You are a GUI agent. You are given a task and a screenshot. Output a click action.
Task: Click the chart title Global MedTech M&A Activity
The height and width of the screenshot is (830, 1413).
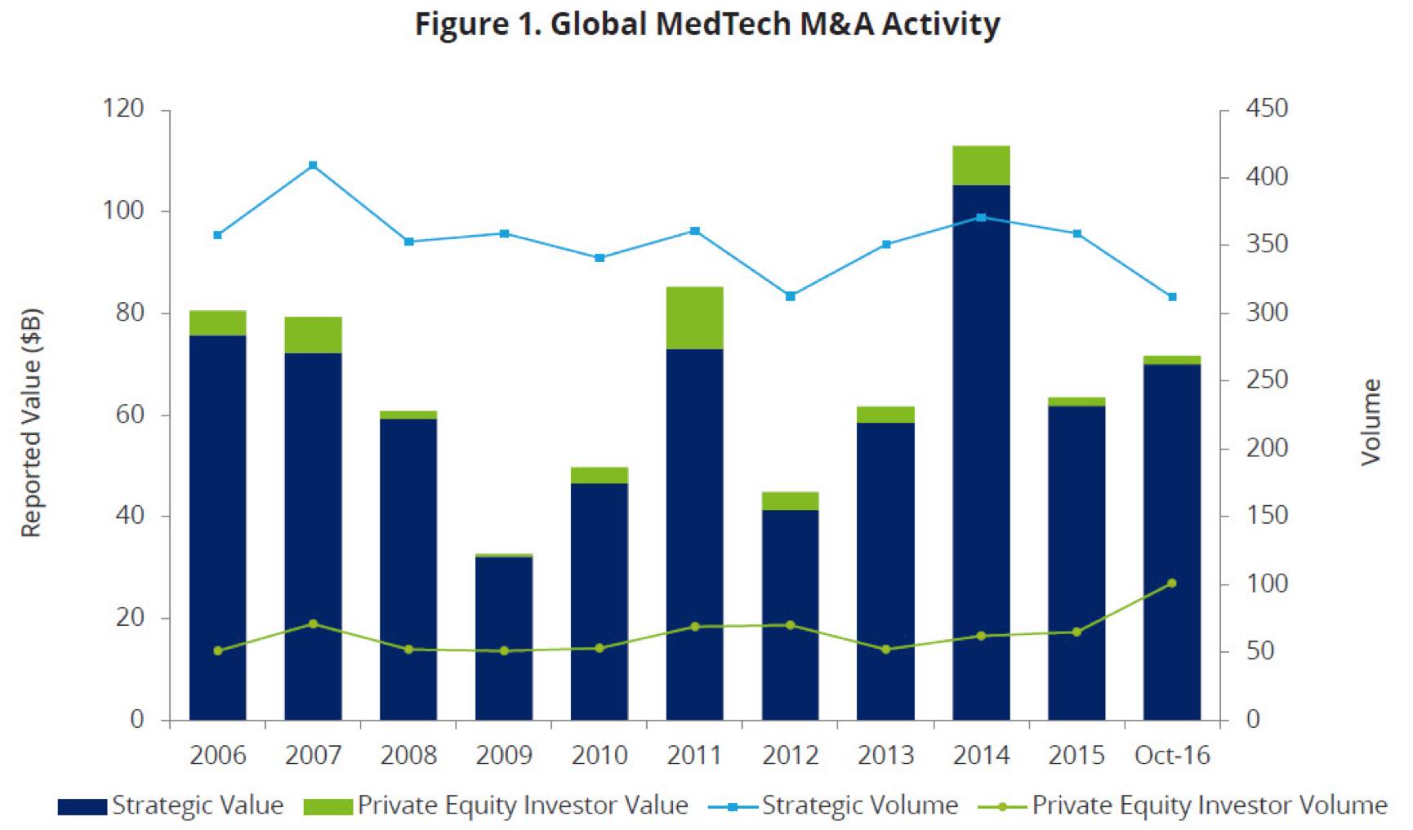click(706, 24)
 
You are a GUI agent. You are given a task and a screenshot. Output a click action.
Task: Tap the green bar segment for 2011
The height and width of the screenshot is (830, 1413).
click(695, 317)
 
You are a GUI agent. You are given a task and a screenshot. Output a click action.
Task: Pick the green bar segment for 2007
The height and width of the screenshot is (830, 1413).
click(313, 335)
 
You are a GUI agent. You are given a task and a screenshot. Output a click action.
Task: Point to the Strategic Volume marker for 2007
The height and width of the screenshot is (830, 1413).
click(313, 166)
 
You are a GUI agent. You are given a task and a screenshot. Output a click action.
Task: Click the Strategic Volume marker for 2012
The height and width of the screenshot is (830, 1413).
click(791, 296)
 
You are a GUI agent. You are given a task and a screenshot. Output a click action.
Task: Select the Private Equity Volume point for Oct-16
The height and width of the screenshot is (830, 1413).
click(1172, 583)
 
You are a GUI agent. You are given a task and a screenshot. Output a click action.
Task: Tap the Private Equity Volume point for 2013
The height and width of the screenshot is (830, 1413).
click(886, 650)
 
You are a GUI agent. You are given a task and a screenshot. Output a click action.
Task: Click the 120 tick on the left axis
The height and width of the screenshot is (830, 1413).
click(124, 109)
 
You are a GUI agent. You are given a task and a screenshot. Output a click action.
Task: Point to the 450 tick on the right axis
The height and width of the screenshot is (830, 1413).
click(1267, 109)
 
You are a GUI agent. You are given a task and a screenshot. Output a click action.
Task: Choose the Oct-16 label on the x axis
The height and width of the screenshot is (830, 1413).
click(1172, 755)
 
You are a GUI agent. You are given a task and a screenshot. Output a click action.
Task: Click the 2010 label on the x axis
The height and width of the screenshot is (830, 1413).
click(600, 755)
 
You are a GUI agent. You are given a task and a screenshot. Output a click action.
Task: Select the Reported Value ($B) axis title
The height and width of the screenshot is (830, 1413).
click(31, 423)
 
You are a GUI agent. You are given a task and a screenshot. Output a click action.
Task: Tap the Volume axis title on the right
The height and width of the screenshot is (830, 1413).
click(1371, 423)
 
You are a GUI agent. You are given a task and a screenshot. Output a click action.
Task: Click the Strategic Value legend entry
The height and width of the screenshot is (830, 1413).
click(172, 806)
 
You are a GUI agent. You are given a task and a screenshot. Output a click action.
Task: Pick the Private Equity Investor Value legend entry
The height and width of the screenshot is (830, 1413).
click(496, 806)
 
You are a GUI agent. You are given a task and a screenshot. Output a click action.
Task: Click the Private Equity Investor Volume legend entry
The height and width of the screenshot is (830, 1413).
click(1183, 806)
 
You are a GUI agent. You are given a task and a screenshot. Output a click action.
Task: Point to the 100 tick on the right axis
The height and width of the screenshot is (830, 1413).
click(1267, 584)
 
